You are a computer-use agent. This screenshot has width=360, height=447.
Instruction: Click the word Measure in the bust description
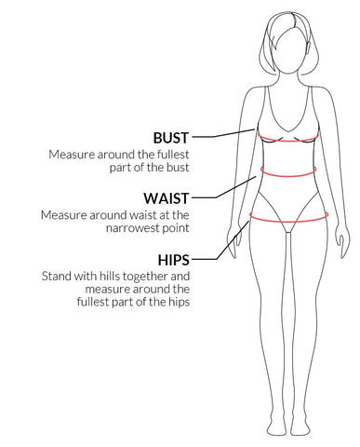coord(73,154)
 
